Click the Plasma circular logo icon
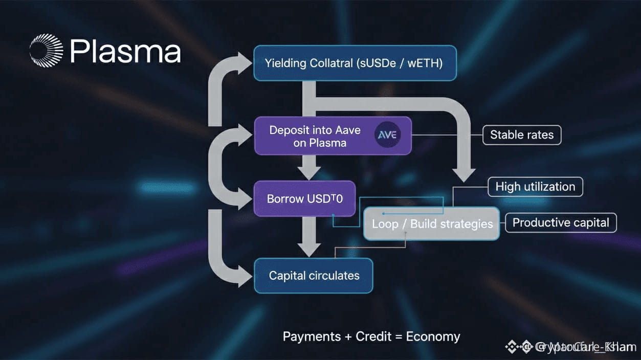(47, 51)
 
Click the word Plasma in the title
(125, 52)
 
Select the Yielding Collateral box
(355, 63)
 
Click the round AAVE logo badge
(387, 136)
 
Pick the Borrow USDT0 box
(304, 198)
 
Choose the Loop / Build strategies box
(431, 223)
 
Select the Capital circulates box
(314, 276)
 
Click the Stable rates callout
(522, 135)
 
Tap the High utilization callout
(535, 187)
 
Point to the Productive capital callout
(561, 222)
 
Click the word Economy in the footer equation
(433, 336)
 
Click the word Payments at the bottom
(312, 336)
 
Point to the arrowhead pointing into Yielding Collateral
(244, 63)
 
